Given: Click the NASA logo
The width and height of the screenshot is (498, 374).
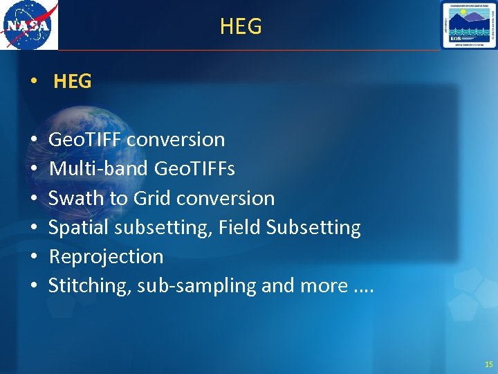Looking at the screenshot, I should click(x=29, y=25).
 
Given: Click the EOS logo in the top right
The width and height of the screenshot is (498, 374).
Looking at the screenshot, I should click(x=468, y=25).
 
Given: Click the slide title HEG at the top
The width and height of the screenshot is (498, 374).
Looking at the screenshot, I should click(x=241, y=26).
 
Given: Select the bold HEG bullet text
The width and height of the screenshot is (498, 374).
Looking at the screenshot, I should click(x=72, y=81).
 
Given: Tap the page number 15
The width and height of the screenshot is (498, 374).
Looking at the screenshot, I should click(x=489, y=364).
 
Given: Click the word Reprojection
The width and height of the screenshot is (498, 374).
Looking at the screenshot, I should click(x=106, y=257).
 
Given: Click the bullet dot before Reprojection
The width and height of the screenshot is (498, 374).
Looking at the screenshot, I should click(x=35, y=257).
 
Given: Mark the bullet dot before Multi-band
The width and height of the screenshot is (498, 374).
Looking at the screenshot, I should click(x=35, y=169).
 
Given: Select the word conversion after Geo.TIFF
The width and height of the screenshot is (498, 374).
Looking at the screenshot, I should click(x=176, y=139).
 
